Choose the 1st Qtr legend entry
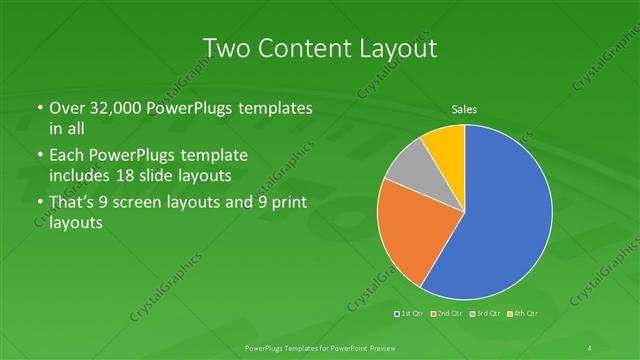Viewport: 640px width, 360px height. tap(410, 314)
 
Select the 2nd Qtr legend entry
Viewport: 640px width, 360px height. tap(446, 314)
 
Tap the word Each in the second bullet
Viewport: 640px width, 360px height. tap(66, 156)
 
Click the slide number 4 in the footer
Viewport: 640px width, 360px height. tap(591, 347)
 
